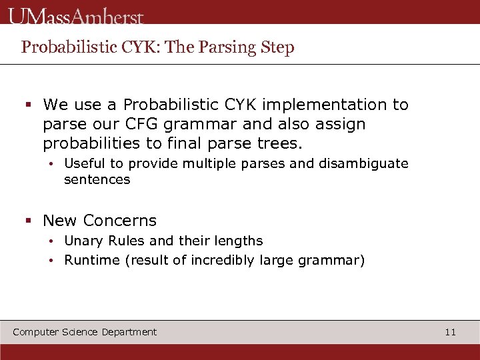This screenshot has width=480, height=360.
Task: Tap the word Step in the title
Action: coord(277,47)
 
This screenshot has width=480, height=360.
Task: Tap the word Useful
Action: coord(85,163)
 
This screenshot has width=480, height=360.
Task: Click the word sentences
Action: coord(97,179)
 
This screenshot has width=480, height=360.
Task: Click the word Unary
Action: coord(81,241)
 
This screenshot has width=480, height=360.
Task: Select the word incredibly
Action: coord(222,260)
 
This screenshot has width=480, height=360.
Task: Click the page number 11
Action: coord(450,332)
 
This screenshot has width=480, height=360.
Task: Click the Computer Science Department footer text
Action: coord(85,332)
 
